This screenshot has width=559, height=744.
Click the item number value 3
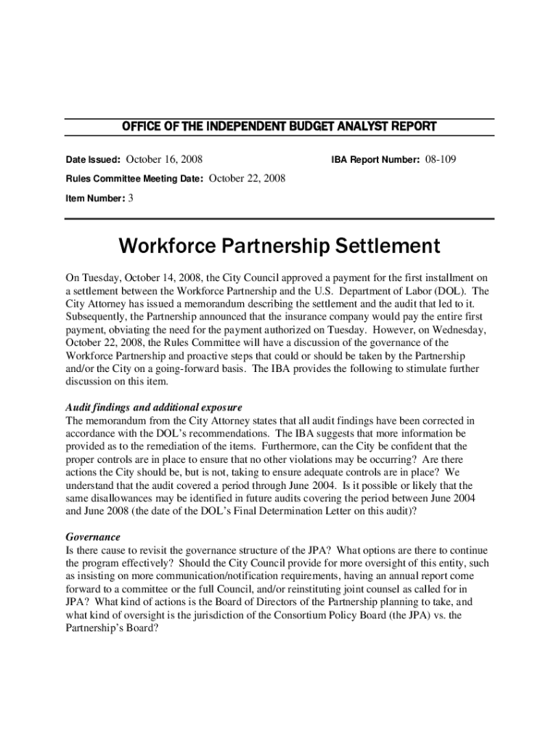(131, 198)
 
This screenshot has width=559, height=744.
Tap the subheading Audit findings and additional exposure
(154, 407)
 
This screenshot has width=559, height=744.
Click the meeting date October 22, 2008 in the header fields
(247, 178)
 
